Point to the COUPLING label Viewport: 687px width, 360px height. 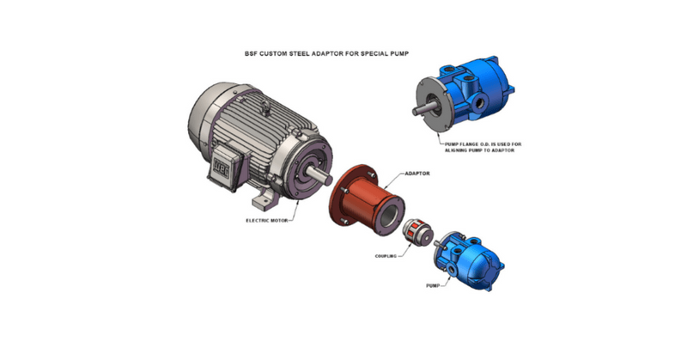389,255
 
